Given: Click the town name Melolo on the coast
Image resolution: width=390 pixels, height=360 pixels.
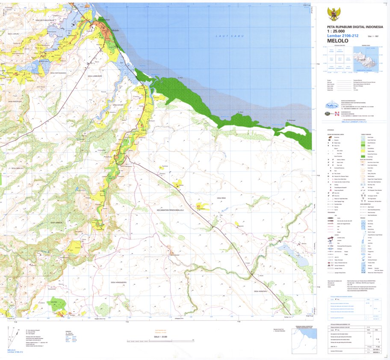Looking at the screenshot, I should (114, 30).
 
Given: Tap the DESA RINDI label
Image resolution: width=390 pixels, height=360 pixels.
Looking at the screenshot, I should (221, 198).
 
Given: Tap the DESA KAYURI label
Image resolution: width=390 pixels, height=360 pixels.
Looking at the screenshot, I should (118, 105).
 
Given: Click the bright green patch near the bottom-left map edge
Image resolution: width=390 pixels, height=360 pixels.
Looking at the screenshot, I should (57, 303).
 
